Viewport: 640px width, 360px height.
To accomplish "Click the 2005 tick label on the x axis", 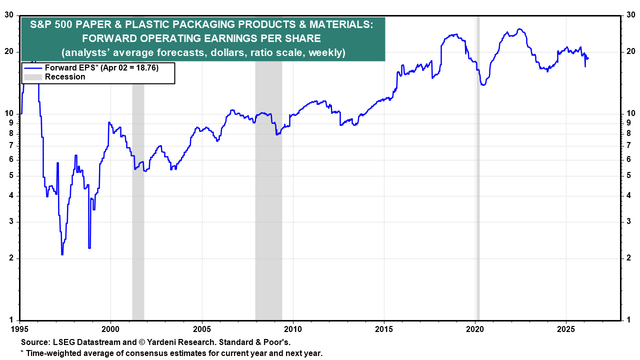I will click(202, 329).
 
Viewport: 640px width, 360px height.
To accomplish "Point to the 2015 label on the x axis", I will click(384, 329).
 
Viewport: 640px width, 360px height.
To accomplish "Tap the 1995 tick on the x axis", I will click(20, 329).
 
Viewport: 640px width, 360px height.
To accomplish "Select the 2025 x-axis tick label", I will click(566, 329).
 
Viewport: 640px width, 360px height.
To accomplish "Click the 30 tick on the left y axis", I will click(9, 15).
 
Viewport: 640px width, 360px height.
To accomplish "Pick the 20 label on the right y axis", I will click(631, 51).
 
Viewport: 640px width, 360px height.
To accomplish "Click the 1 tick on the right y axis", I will click(629, 320).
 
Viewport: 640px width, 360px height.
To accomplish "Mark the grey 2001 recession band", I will click(138, 200).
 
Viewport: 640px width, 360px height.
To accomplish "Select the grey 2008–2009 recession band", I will click(268, 200).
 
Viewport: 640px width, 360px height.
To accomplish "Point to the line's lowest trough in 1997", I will click(62, 254).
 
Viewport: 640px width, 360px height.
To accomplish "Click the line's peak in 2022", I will click(520, 29).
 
